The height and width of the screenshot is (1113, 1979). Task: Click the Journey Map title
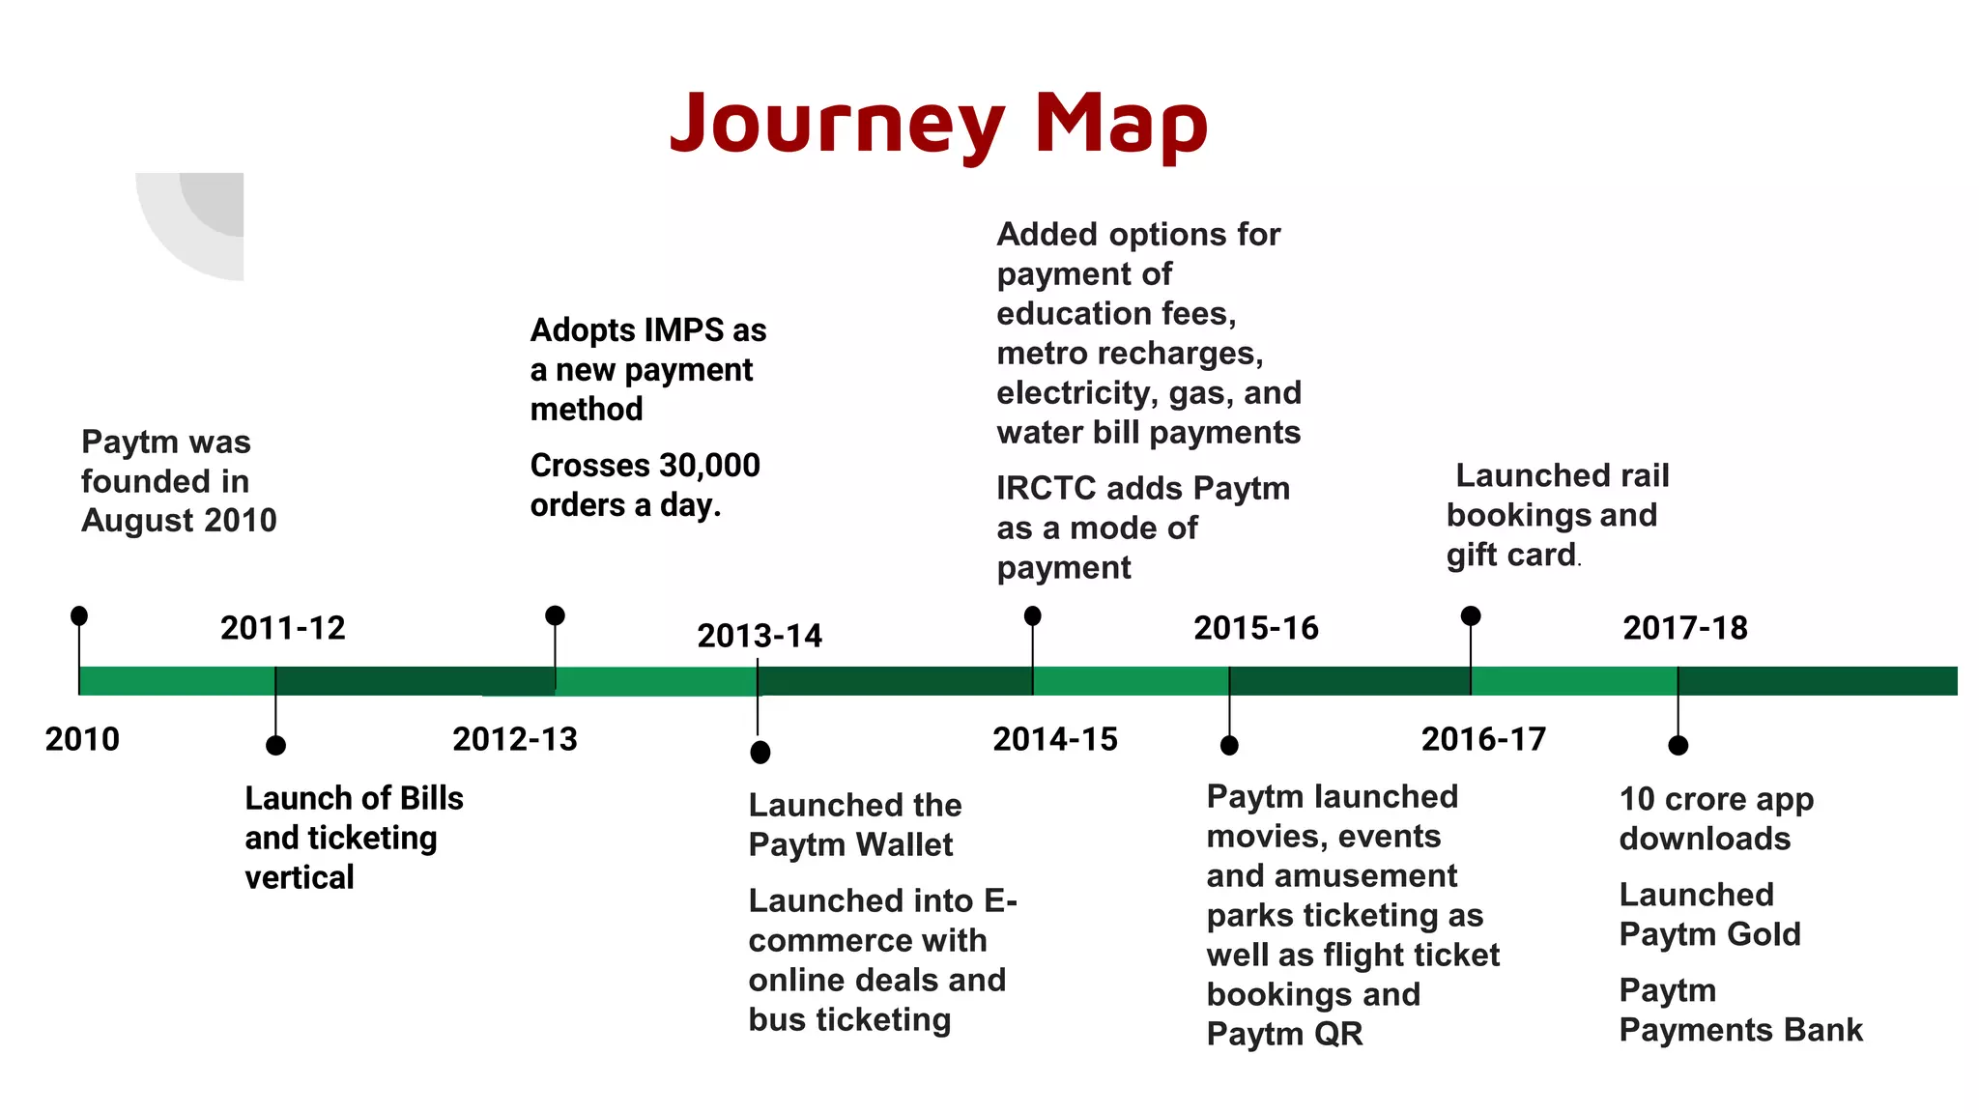(938, 123)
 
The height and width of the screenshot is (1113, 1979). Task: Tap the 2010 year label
(82, 739)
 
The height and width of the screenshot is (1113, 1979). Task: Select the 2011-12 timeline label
(282, 628)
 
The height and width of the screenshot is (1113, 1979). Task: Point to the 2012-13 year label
(514, 739)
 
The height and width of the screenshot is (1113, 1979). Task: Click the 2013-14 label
(759, 636)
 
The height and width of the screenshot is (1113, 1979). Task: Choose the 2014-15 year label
(1054, 739)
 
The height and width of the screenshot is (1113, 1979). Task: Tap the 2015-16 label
(1255, 628)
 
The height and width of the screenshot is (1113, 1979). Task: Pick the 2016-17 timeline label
(1483, 739)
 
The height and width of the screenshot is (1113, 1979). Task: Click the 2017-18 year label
(1684, 628)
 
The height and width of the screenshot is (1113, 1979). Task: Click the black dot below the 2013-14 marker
(760, 752)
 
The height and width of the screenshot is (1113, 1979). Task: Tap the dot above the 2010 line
(79, 615)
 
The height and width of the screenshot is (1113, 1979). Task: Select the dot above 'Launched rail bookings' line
(1471, 615)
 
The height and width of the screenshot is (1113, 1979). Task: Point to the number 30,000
(710, 466)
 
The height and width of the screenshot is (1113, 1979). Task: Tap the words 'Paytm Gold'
(1709, 934)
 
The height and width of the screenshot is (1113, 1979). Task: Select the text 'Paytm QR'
(1284, 1034)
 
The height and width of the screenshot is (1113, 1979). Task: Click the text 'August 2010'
(179, 521)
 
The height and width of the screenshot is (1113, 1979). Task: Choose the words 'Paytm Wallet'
(850, 844)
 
